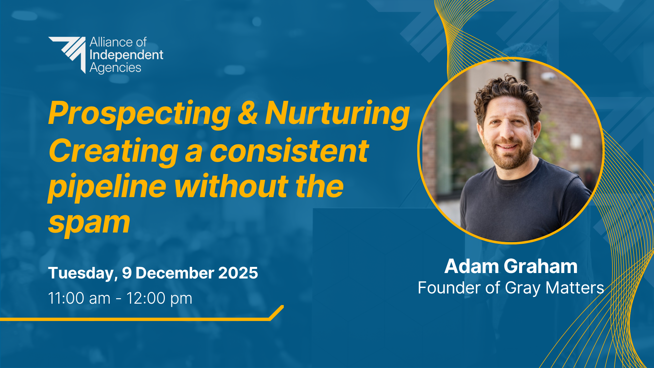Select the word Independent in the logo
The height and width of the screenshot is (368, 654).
tap(126, 55)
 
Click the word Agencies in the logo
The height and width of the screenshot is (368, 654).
tap(115, 68)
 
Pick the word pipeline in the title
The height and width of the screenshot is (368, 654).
tap(107, 187)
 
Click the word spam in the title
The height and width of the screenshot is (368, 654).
tap(89, 223)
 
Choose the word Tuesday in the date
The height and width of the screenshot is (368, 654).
tap(83, 273)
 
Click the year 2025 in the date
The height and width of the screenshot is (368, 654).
tap(238, 273)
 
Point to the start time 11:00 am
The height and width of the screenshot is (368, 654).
tap(79, 298)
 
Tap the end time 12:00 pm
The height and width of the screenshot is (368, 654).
tap(159, 299)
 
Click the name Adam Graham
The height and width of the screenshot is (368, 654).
tap(511, 266)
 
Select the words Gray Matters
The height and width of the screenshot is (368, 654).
tap(555, 288)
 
